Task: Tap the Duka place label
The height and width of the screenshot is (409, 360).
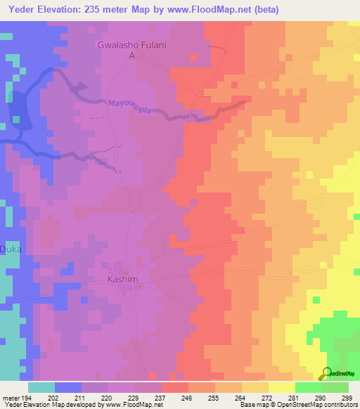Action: [x=10, y=249]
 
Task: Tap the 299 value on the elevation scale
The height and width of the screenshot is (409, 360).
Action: [x=347, y=397]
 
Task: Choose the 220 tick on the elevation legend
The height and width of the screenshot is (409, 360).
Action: [x=108, y=397]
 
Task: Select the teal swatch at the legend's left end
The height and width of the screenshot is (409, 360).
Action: [x=41, y=387]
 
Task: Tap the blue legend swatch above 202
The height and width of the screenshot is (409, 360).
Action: [x=68, y=387]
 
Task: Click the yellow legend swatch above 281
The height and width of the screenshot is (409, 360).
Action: [x=281, y=387]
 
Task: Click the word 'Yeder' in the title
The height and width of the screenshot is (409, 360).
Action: [x=23, y=10]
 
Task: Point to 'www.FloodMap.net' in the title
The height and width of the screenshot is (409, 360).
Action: [x=210, y=10]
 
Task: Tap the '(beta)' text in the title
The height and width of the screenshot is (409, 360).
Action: [x=265, y=10]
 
